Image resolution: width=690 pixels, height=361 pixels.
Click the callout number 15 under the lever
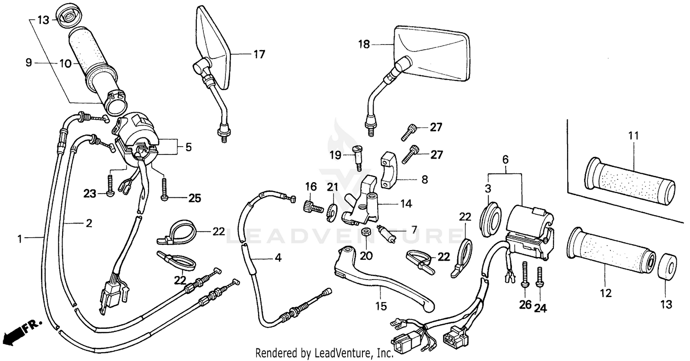point(381,306)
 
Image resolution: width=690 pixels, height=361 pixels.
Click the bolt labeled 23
point(110,186)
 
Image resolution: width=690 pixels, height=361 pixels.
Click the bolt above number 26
point(525,273)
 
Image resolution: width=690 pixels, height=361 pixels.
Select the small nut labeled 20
point(366,232)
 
